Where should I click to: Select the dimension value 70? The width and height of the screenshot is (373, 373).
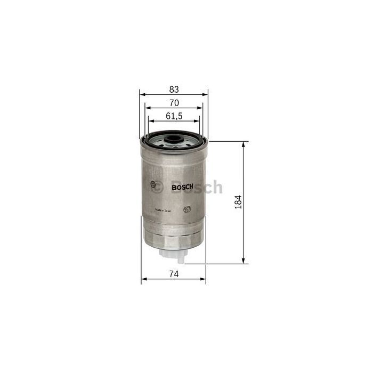[174, 102]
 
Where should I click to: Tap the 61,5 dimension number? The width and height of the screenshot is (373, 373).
[174, 116]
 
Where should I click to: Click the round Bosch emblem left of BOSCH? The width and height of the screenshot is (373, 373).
[157, 186]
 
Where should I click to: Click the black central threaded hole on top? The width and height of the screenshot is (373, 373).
[174, 141]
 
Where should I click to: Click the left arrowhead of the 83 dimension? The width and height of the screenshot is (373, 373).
[142, 94]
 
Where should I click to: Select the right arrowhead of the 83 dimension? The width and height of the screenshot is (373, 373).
[206, 94]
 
